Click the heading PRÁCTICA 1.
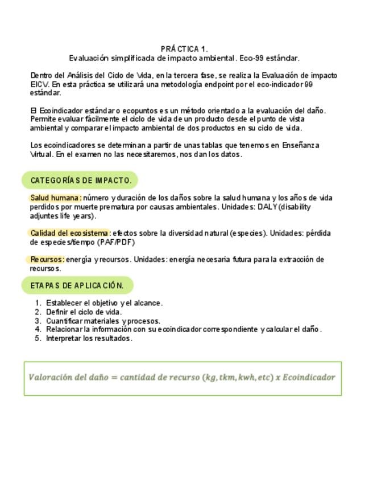tap(184, 49)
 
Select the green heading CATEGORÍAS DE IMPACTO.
tap(81, 181)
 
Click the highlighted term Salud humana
tap(55, 198)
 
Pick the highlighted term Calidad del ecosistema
tap(69, 233)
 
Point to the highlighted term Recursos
tap(47, 259)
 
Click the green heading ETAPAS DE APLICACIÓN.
tap(77, 285)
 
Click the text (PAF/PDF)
tap(116, 242)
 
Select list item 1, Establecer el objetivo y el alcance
tap(104, 303)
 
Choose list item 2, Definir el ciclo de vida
tap(84, 312)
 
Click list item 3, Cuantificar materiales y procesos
tap(103, 321)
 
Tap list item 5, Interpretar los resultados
tap(89, 338)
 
